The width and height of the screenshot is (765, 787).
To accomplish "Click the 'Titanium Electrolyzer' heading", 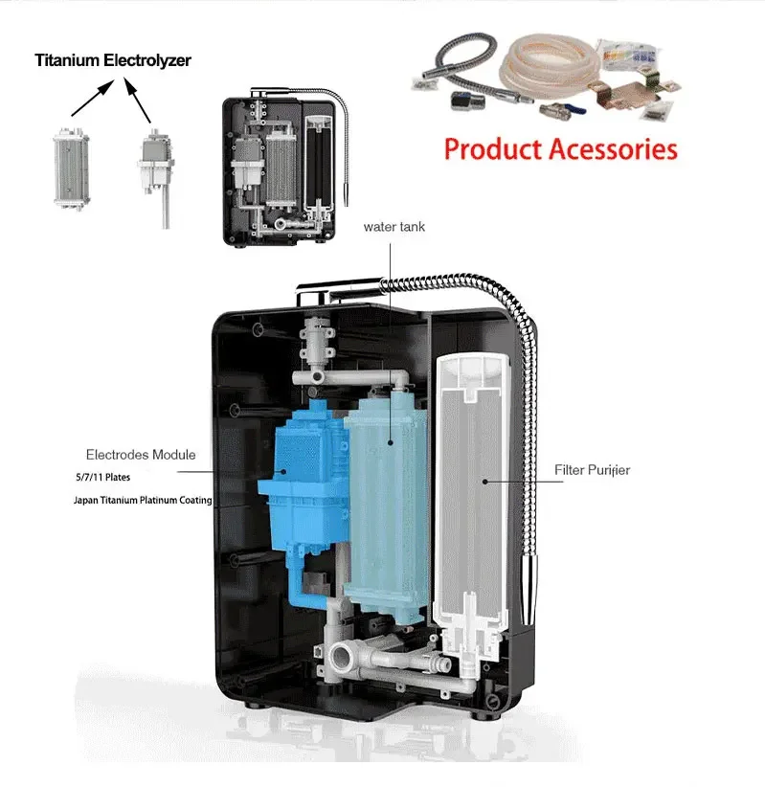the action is pos(113,60).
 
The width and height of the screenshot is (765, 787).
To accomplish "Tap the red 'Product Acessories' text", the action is pos(560,149).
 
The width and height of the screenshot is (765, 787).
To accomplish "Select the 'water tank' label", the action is pos(394,227).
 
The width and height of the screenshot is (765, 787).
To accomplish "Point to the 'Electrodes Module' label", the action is pos(141,454).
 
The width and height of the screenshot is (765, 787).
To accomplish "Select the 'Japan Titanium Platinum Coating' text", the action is pos(143,500).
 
